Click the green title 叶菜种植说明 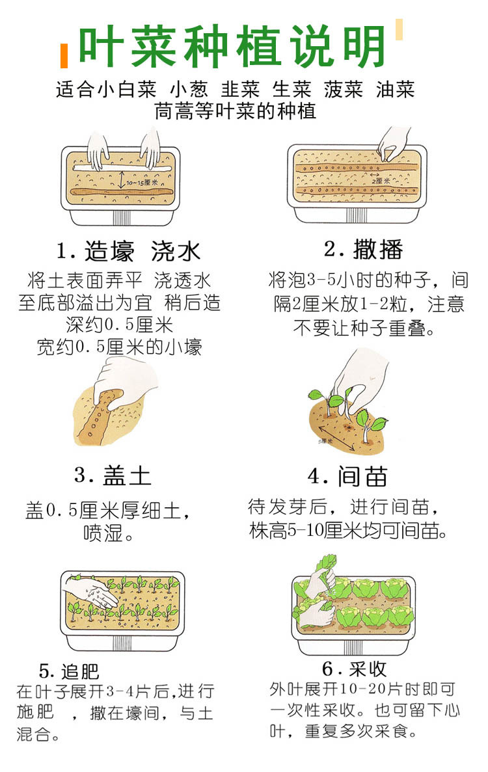(x=232, y=46)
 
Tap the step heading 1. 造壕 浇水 (x=128, y=251)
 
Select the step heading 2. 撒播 (x=364, y=249)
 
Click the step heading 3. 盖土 (x=113, y=475)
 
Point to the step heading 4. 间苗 (x=347, y=476)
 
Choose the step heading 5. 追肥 (x=69, y=671)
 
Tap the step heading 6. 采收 (x=354, y=668)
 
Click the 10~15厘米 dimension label (x=142, y=183)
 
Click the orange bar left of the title (x=64, y=56)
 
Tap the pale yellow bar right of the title (x=399, y=29)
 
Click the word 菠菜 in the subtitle (x=343, y=89)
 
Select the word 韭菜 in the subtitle (x=240, y=89)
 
